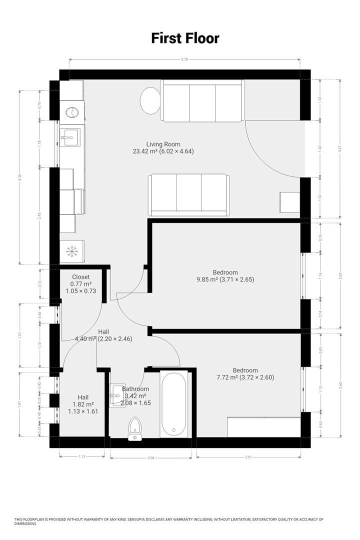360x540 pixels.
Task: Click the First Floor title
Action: [x=185, y=38]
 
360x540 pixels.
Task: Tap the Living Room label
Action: [x=163, y=144]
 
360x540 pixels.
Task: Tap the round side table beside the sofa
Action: [x=149, y=100]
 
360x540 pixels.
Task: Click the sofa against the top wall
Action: [x=202, y=100]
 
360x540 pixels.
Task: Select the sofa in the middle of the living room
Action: [x=188, y=194]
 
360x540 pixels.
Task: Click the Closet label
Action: [x=80, y=276]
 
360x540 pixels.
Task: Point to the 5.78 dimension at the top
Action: [x=185, y=60]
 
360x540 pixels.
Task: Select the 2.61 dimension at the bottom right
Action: [x=248, y=456]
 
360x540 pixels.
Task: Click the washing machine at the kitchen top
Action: [x=72, y=112]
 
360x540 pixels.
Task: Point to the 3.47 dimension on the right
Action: [x=340, y=149]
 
